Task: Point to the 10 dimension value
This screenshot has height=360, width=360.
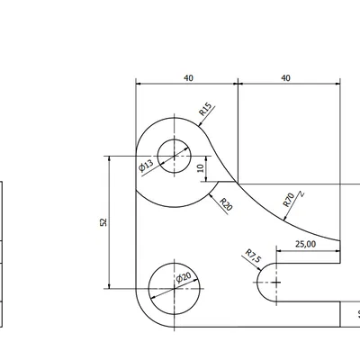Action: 201,168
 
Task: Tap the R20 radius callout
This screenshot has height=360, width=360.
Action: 226,206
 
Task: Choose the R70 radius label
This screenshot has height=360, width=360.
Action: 288,199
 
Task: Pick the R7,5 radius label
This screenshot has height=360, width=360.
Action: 253,257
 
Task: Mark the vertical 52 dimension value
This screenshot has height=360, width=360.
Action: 103,221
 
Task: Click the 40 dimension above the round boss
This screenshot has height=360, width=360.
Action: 187,78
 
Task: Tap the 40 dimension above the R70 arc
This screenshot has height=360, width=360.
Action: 286,78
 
